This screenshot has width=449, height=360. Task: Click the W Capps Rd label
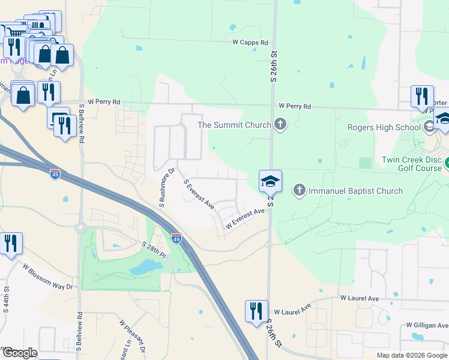point(250,43)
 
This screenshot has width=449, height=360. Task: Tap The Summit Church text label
point(235,125)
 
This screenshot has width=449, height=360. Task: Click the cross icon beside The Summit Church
point(279,125)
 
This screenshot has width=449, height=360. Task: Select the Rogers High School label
point(384,127)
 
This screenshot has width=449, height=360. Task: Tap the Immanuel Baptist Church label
point(355,191)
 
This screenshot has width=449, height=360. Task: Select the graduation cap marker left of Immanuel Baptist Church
point(270,181)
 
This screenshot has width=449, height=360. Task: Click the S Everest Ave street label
point(199,194)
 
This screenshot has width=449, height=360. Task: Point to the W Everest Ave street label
point(245,218)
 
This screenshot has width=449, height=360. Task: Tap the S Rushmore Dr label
point(166,188)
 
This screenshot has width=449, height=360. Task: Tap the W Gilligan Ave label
point(426,325)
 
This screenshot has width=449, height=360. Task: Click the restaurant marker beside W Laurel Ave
point(256,311)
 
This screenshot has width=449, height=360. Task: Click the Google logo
point(19,353)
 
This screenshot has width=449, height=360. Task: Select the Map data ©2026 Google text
point(411,355)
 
